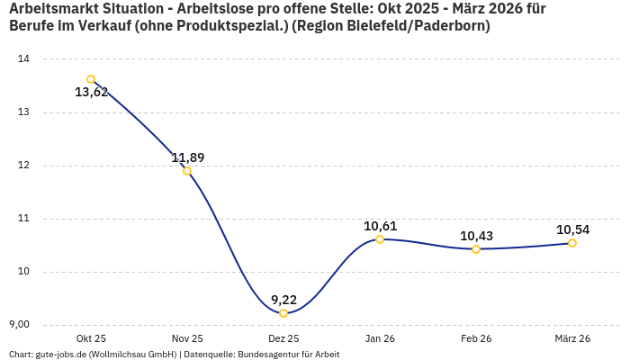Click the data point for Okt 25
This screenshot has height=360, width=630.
point(91,79)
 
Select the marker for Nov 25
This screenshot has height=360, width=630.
point(187,171)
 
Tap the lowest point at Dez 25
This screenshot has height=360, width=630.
point(283,313)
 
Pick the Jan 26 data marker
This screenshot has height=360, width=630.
point(380,239)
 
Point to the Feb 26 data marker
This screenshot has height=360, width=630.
point(476,248)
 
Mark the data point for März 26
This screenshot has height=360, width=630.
point(572,243)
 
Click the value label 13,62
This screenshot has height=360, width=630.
point(91,92)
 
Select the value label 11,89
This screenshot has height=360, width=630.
point(187,157)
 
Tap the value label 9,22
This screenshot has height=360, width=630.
point(283,300)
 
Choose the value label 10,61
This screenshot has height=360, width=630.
point(380,226)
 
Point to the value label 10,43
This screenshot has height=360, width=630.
point(476,236)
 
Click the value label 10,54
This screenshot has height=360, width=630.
point(572,229)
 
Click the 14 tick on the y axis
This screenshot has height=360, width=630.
point(23,59)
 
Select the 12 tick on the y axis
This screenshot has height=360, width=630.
point(23,166)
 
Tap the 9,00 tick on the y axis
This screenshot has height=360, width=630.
point(19,325)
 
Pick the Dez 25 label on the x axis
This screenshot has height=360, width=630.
point(283,338)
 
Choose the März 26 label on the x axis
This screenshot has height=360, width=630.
point(572,338)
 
